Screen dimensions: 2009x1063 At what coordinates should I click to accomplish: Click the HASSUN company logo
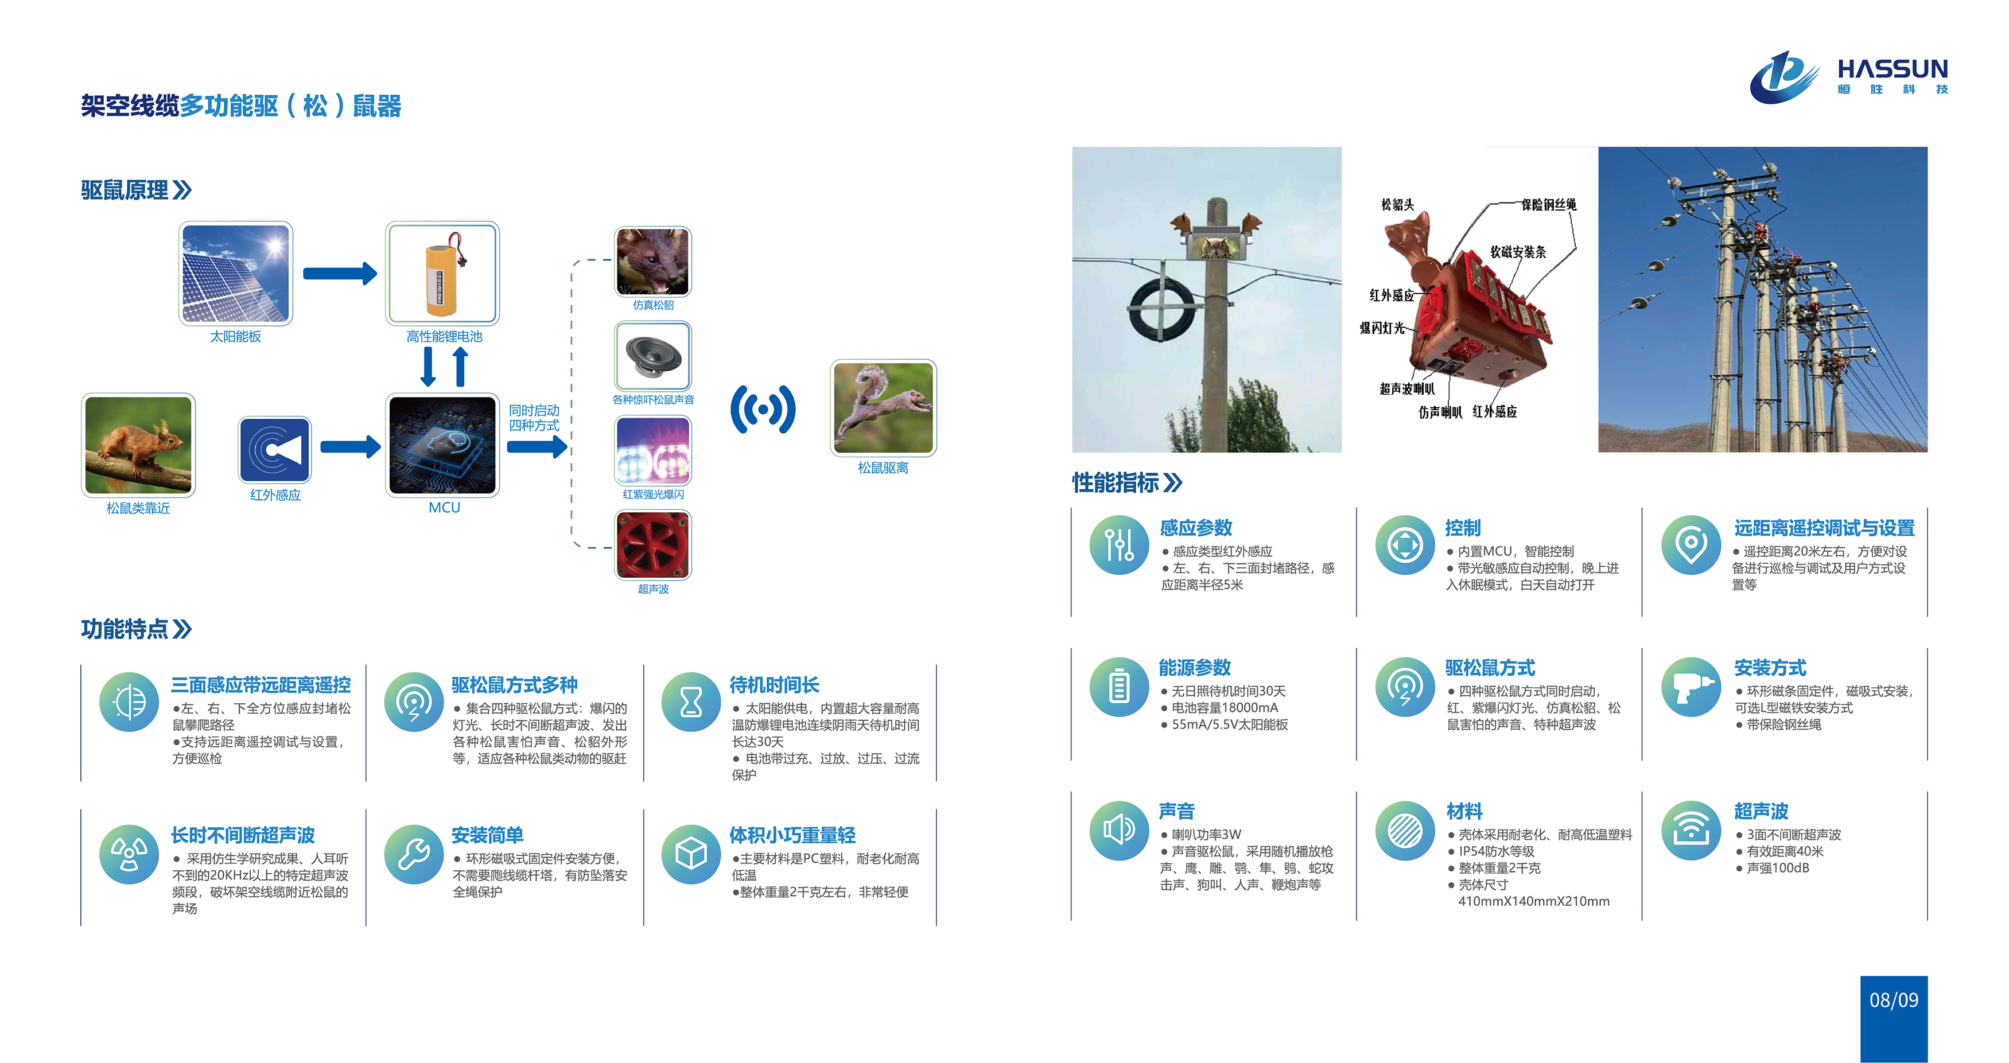(x=1848, y=76)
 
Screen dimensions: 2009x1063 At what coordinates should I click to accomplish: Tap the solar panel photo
(x=235, y=274)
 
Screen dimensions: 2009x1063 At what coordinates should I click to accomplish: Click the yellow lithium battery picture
(x=442, y=274)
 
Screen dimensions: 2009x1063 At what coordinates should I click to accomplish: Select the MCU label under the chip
(x=445, y=508)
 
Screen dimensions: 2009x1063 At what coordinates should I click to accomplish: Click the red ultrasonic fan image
(x=653, y=544)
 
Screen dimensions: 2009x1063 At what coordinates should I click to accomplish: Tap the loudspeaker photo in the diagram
(x=653, y=356)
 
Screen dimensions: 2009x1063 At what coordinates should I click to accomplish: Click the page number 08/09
(x=1894, y=1000)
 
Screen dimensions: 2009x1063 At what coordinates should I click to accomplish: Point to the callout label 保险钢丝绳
(x=1549, y=204)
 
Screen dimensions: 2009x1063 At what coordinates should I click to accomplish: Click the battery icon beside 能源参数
(x=1119, y=686)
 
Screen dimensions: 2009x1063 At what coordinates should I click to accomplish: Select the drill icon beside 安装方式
(x=1691, y=686)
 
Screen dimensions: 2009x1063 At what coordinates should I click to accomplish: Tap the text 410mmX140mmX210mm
(x=1533, y=902)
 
